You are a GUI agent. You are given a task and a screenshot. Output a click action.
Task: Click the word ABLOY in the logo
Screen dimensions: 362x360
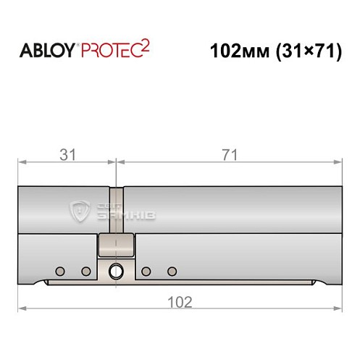point(44,52)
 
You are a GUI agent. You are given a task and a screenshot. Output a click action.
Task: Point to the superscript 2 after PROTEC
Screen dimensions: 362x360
point(146,46)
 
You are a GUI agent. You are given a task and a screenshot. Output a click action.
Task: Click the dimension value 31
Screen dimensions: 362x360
point(66,153)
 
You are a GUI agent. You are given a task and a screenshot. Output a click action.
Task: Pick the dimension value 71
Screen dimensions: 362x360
point(228,153)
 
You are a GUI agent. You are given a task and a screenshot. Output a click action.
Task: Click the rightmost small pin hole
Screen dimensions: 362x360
point(172,271)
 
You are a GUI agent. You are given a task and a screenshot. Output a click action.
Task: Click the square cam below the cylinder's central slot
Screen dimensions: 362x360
point(116,245)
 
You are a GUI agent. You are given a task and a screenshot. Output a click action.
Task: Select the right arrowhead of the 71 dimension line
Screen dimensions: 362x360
point(338,161)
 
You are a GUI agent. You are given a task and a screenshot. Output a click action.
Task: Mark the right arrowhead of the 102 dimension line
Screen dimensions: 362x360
point(338,309)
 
